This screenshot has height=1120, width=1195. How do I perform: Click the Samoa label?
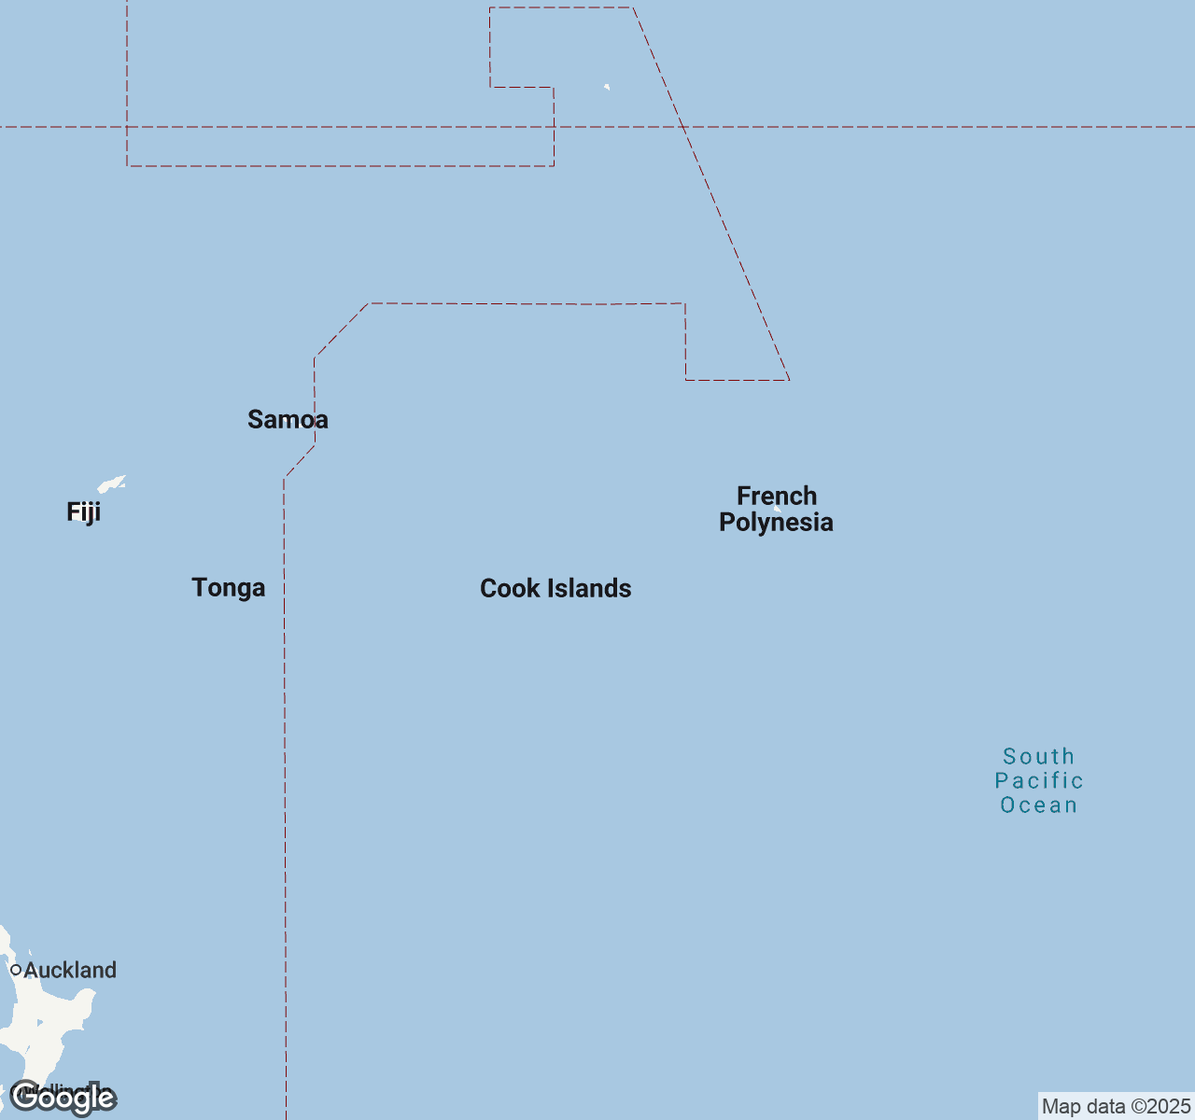288,420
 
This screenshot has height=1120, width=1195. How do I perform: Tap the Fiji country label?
83,512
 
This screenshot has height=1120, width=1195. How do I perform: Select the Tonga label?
229,588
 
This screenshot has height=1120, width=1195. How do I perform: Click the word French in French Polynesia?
777,497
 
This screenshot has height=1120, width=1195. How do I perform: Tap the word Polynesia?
776,523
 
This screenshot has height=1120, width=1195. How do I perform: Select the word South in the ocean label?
1038,757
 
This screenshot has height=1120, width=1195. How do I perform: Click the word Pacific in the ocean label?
1039,781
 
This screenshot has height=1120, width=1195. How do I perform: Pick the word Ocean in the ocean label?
1039,805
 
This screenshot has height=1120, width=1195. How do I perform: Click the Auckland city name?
70,971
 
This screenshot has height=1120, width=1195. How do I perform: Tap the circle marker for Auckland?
16,971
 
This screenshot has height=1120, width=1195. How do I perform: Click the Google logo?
63,1099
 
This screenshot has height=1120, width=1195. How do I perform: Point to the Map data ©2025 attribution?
1116,1107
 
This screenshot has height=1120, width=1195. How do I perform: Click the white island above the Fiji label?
111,484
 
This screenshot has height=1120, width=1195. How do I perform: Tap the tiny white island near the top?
607,88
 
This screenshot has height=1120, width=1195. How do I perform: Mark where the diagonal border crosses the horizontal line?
683,127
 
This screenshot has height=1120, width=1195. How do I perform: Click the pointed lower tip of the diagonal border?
789,380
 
